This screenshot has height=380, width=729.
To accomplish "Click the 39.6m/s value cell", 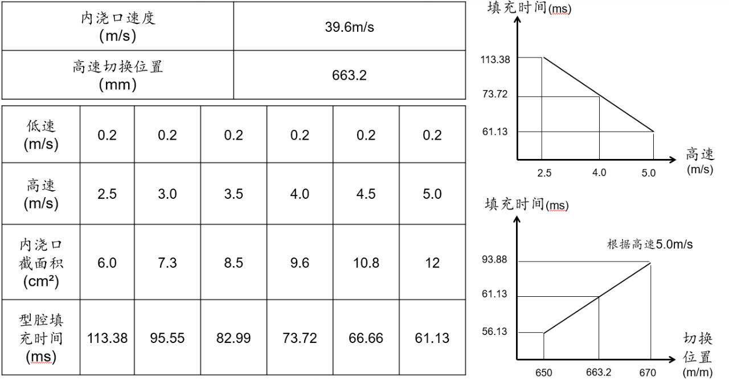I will [x=349, y=27].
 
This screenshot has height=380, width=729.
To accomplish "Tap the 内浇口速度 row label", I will [x=117, y=27].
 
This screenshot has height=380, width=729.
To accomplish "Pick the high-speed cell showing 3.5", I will [x=234, y=194].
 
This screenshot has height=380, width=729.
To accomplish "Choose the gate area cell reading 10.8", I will [x=366, y=263].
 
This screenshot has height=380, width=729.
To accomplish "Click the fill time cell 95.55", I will [x=167, y=338].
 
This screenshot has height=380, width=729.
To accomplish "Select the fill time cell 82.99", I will [x=234, y=338].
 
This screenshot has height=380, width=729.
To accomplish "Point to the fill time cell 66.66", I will [x=366, y=338].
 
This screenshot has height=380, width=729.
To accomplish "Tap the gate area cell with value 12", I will [x=432, y=263].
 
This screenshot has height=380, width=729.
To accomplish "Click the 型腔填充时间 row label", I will [x=41, y=338].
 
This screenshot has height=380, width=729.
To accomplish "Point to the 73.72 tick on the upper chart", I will [x=495, y=94].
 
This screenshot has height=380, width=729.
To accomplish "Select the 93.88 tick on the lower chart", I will [x=495, y=260].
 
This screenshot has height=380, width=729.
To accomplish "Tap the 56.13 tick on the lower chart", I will [x=495, y=332].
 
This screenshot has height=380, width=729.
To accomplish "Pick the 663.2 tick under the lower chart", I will [x=599, y=372].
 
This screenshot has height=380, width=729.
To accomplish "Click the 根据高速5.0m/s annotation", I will [x=649, y=246].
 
